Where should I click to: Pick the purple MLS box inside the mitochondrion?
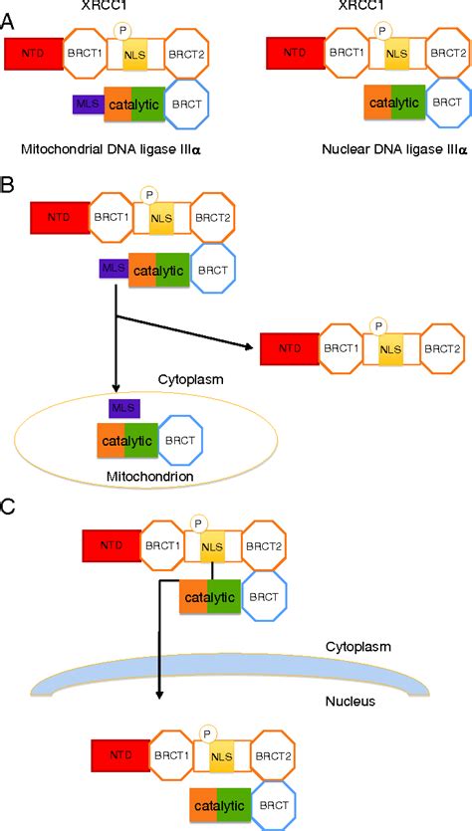point(124,407)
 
